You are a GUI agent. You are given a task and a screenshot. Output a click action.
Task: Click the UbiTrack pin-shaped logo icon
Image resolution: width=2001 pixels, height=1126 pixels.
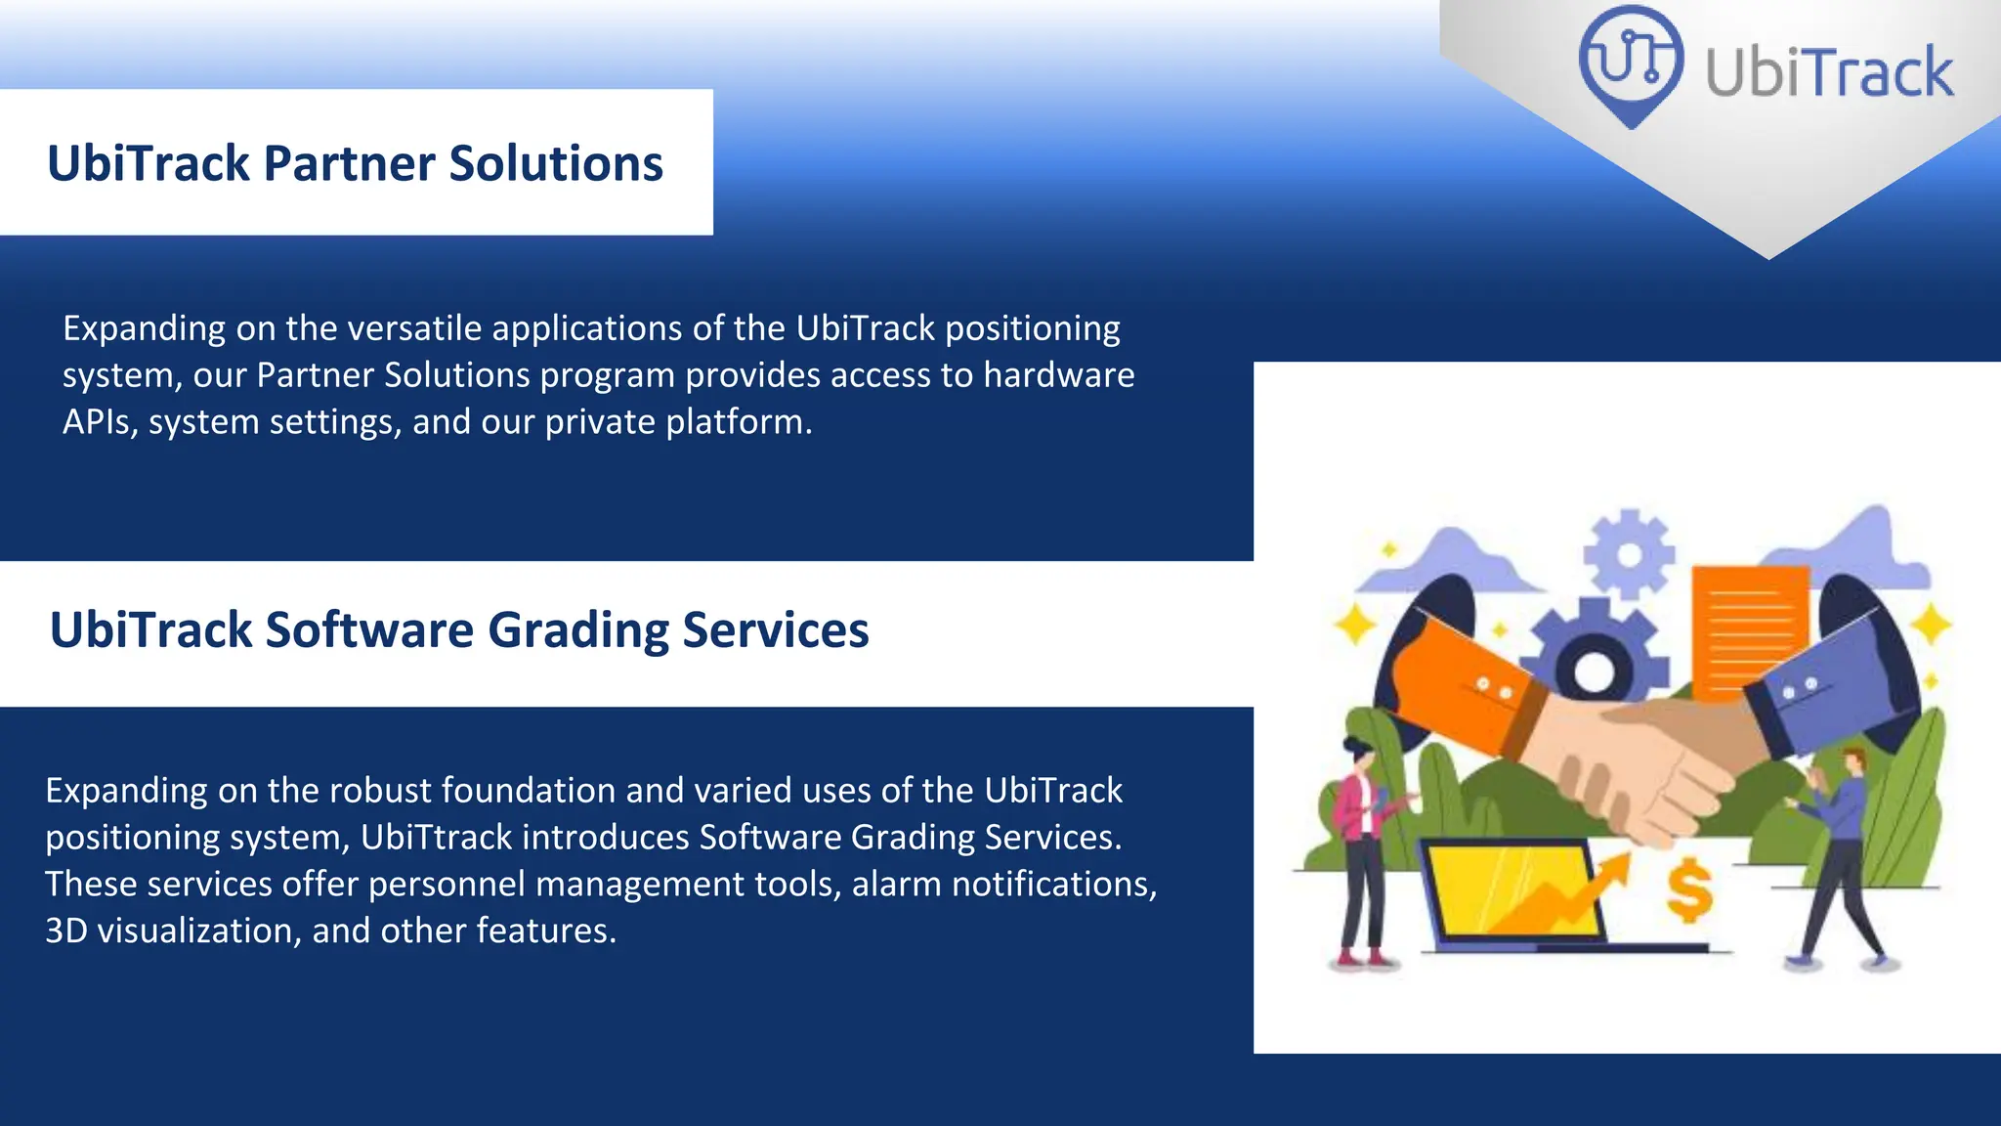(1631, 65)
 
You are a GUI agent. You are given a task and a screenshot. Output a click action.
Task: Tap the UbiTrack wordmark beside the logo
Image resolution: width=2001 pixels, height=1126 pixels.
(1829, 72)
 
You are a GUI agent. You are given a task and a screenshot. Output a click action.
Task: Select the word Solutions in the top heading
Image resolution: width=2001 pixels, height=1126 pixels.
(556, 163)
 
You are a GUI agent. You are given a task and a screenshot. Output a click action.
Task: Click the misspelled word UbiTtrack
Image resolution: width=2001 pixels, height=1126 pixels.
(437, 838)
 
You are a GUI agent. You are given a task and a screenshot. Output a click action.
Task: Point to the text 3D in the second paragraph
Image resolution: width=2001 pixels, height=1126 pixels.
(66, 931)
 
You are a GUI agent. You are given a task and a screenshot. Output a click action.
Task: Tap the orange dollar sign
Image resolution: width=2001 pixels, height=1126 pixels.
(1689, 890)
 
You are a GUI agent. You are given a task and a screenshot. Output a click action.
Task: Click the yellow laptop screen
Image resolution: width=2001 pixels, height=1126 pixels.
(1510, 889)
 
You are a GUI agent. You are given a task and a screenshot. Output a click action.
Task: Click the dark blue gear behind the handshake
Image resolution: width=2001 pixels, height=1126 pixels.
(1595, 655)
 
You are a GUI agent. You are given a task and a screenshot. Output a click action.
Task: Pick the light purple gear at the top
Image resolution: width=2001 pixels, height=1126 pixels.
(1629, 554)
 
